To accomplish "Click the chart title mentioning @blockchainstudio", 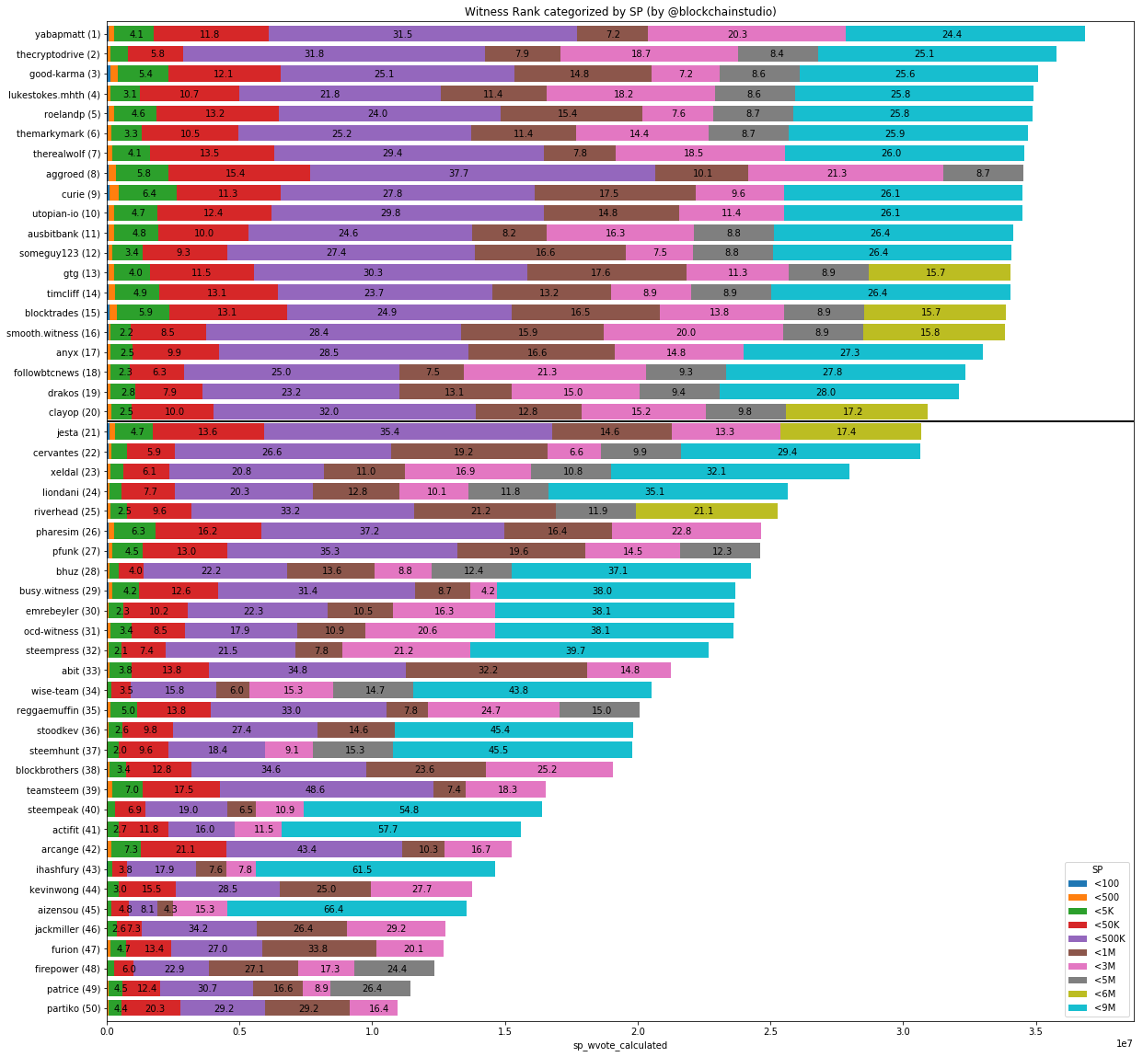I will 620,12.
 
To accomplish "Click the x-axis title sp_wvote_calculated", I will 620,1045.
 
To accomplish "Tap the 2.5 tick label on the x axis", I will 770,1030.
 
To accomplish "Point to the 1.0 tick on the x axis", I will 373,1030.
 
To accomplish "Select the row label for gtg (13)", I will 82,272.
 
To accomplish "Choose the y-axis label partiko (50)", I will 74,1008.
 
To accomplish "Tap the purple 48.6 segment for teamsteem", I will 327,789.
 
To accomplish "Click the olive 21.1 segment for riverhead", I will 707,511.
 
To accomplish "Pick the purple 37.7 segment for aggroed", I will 482,173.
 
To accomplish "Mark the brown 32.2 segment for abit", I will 496,671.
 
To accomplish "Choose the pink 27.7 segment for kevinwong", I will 421,889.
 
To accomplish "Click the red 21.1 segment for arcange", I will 183,849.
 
